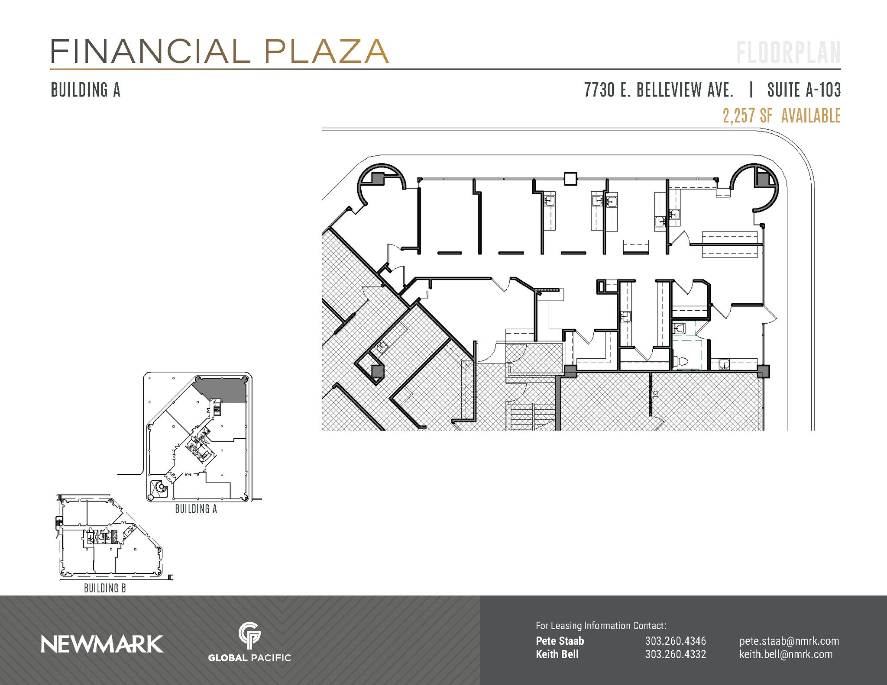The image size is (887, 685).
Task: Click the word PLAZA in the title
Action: tap(326, 51)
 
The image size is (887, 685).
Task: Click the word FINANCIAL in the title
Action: tap(150, 51)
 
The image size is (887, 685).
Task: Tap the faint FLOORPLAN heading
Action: tap(788, 53)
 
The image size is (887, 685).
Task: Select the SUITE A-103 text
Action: tap(804, 90)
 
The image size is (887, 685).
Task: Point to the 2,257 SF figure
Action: tap(747, 116)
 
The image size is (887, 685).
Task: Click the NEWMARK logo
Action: tap(102, 644)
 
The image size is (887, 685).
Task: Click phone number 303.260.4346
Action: tap(675, 641)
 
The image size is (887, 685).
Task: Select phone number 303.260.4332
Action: tap(675, 654)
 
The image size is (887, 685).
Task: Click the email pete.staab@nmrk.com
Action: tap(789, 641)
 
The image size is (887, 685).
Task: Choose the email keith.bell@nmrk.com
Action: tap(786, 654)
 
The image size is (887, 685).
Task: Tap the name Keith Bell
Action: tap(557, 654)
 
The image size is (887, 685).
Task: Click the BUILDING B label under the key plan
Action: tap(105, 588)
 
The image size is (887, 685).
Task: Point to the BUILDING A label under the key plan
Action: tap(196, 509)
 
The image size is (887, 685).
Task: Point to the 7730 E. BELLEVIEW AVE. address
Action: tap(658, 90)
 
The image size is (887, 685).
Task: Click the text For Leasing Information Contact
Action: tap(601, 625)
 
